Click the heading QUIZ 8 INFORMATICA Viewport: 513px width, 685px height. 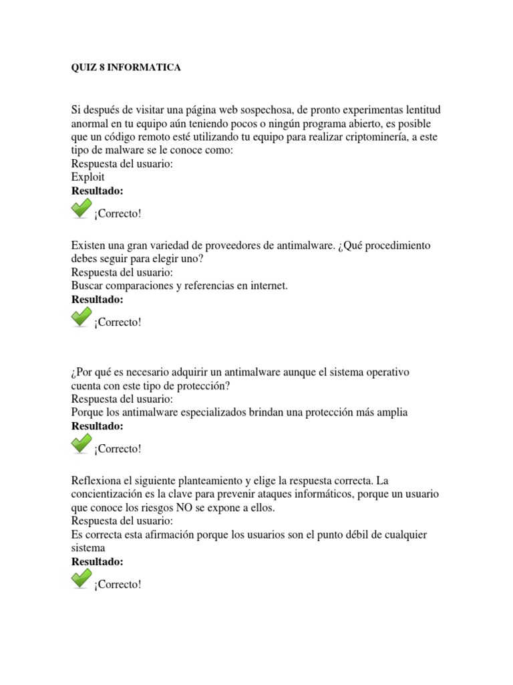[x=126, y=68]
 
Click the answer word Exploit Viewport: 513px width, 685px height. [x=88, y=177]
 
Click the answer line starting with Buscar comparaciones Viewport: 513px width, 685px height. [x=179, y=286]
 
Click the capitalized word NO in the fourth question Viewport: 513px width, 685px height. [x=185, y=507]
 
